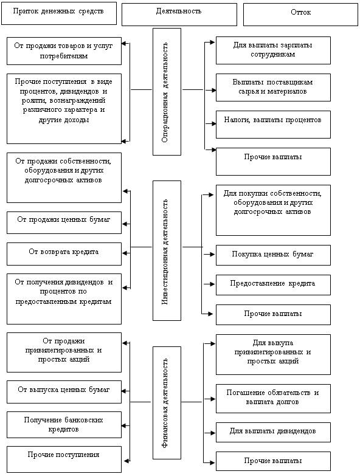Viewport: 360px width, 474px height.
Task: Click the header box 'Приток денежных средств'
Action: [59, 13]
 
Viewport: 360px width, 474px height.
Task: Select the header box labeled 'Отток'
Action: [300, 15]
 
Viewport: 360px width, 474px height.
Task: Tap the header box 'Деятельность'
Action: [179, 15]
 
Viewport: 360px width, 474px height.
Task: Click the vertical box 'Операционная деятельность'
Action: [167, 92]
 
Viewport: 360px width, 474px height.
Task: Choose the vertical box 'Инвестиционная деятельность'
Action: [167, 250]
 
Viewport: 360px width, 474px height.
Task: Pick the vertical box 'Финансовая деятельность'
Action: [167, 403]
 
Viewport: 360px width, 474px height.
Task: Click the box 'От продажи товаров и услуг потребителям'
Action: [64, 51]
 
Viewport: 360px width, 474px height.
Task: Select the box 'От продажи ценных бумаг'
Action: [64, 223]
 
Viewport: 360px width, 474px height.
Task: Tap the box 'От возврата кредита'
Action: [64, 254]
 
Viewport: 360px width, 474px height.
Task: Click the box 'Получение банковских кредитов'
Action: [64, 425]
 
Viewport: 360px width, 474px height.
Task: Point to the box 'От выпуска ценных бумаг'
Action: [64, 392]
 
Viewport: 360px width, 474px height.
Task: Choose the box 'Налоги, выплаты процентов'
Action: [273, 125]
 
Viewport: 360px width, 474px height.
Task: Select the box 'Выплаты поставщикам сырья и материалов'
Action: [273, 88]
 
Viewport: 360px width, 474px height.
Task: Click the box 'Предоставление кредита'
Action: [273, 285]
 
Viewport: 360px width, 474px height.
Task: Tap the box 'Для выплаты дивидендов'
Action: [273, 433]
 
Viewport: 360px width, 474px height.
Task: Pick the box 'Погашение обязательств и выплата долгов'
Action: [273, 399]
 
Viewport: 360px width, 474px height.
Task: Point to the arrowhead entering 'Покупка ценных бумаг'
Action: [213, 254]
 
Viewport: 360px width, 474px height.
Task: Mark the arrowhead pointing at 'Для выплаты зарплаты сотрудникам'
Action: [213, 43]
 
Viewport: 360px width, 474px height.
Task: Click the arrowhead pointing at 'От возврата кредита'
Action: [125, 253]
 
